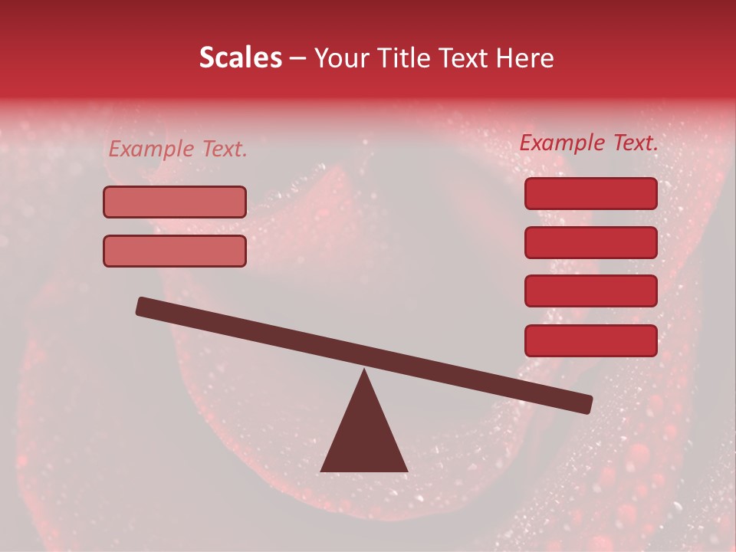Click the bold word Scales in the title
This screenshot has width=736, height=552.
tap(240, 58)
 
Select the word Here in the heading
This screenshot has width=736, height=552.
tap(525, 58)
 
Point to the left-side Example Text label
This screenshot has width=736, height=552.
tap(178, 149)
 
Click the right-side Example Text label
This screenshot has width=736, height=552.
tap(589, 143)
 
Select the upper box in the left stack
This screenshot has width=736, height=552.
tap(175, 202)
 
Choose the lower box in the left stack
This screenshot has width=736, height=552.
tap(175, 251)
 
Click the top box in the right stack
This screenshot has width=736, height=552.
tap(590, 193)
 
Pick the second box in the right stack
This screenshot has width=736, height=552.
tap(590, 242)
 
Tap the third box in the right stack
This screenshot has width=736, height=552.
tap(590, 291)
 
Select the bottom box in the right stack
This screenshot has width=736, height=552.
tap(590, 340)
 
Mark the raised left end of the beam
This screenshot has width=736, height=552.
tap(143, 306)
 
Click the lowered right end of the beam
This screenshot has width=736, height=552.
tap(586, 404)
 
